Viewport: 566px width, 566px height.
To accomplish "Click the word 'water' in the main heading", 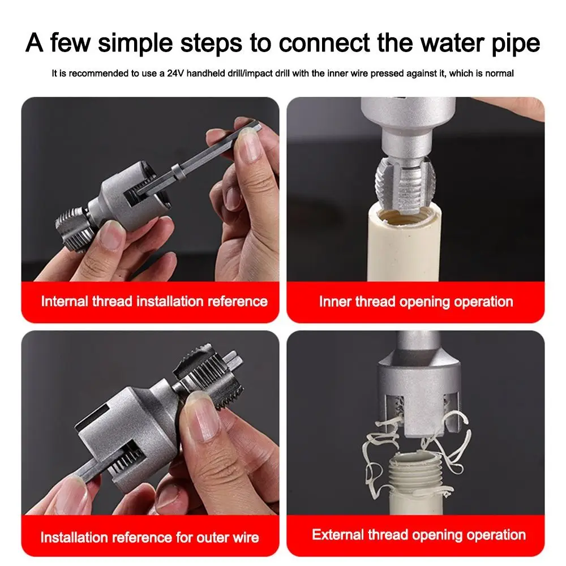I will click(x=430, y=43).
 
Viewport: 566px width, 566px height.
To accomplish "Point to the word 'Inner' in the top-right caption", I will click(x=335, y=302).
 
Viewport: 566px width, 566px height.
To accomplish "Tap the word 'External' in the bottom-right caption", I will click(x=340, y=535).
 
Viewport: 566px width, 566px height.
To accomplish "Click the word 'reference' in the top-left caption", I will click(x=238, y=301).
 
